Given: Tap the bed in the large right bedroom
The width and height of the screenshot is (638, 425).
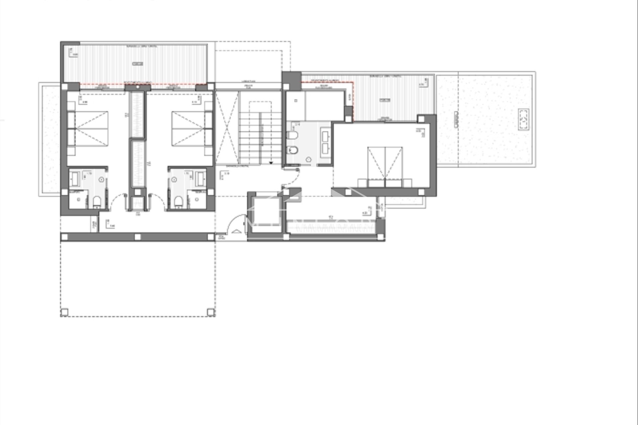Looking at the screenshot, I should tap(385, 163).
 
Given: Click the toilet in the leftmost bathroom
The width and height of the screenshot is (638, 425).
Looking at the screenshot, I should tap(97, 201).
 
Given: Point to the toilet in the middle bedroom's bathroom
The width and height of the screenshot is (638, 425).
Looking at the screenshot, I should tap(178, 201).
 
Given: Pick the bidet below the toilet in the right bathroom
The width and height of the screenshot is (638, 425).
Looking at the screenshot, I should tap(293, 151).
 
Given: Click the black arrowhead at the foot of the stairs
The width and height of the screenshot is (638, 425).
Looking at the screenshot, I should tap(271, 163).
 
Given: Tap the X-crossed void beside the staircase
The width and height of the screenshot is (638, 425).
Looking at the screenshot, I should tap(227, 128).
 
